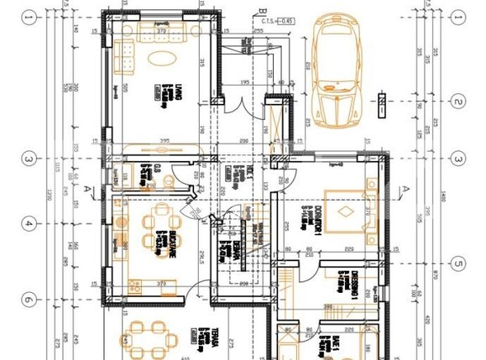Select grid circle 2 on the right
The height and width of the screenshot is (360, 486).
click(457, 102)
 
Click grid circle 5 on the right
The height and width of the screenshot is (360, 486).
click(457, 263)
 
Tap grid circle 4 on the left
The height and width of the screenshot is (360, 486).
click(29, 224)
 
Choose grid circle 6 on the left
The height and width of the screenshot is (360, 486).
click(29, 300)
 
